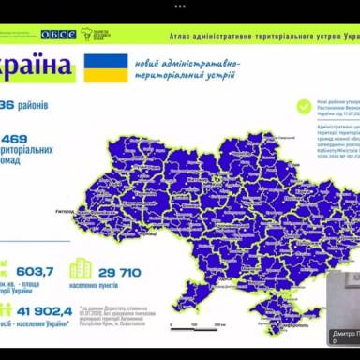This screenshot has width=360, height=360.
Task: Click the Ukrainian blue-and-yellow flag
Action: pyautogui.click(x=105, y=67)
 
